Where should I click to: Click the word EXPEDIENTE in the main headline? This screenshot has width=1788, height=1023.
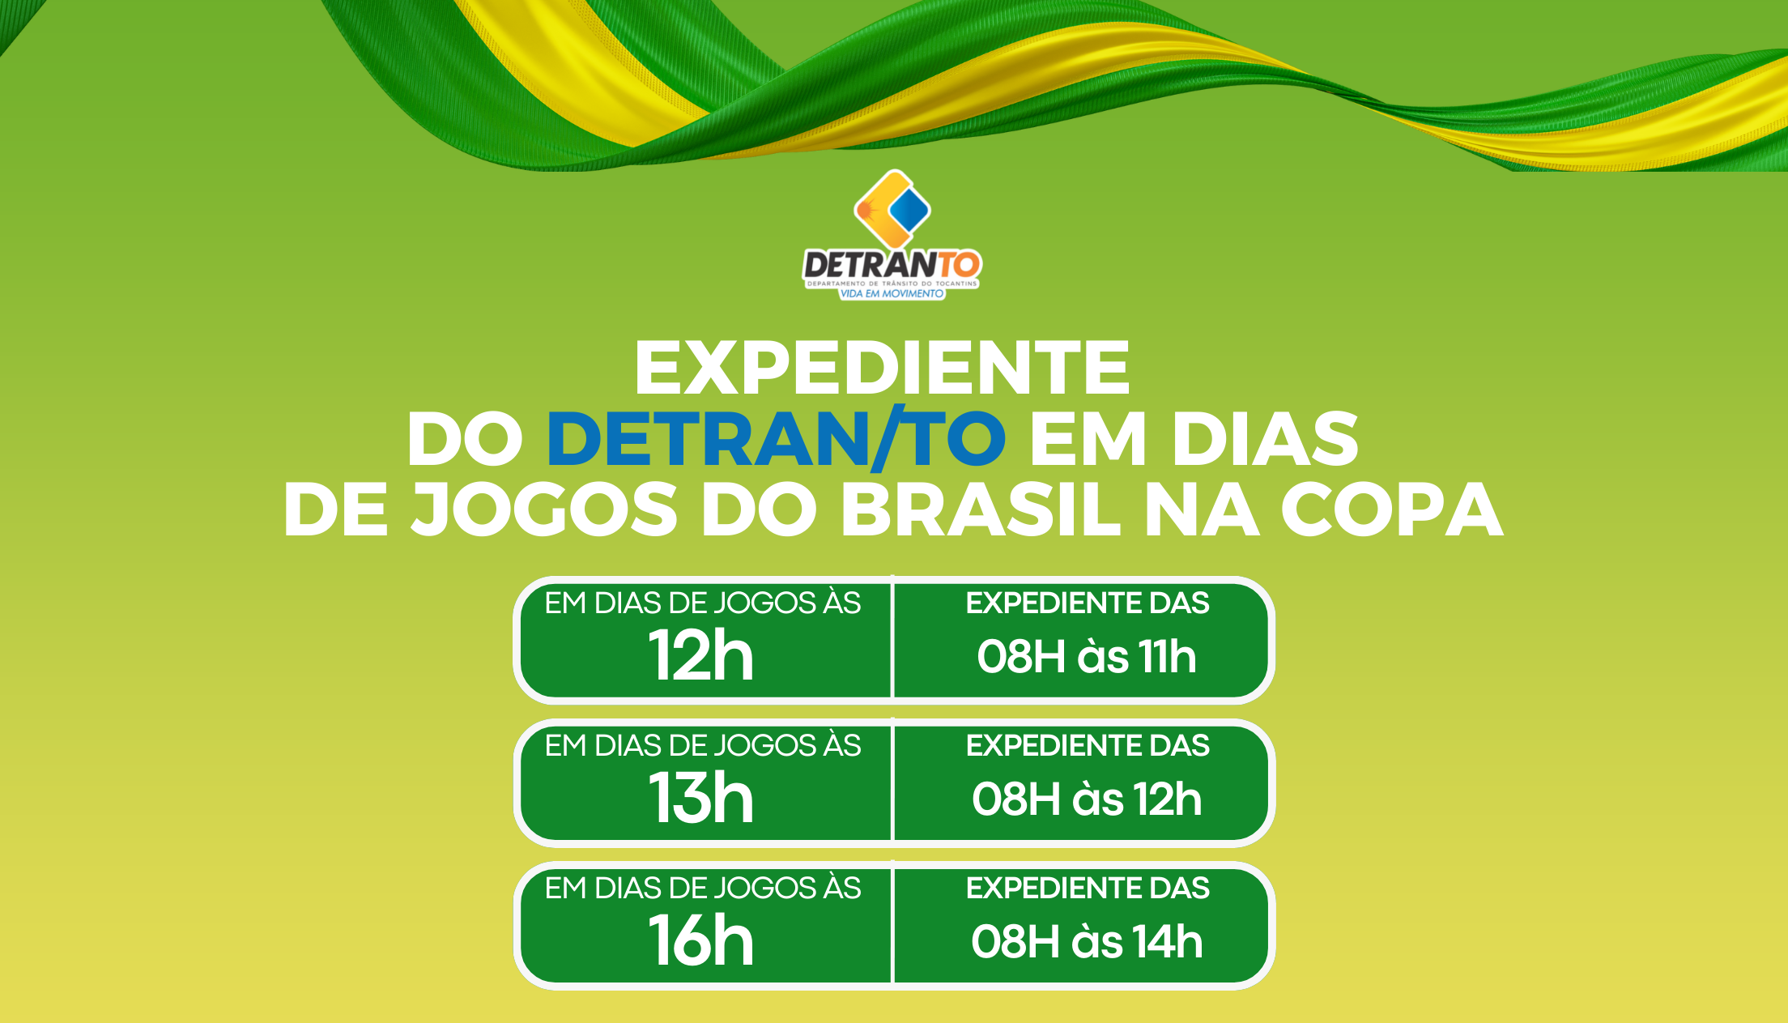tap(882, 368)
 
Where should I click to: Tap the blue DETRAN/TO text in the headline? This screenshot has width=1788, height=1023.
tap(777, 438)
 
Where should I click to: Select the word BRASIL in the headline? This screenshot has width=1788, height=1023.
tap(981, 509)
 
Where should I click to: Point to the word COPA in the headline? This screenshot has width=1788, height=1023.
tap(1392, 509)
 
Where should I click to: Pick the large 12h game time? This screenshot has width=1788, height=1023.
tap(701, 656)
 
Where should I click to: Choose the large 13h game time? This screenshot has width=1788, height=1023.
tap(701, 799)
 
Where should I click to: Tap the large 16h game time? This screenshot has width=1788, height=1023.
tap(701, 941)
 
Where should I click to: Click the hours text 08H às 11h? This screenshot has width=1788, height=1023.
tap(1087, 657)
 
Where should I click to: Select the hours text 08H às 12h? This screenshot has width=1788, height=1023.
tap(1087, 799)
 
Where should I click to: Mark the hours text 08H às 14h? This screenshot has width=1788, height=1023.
tap(1087, 942)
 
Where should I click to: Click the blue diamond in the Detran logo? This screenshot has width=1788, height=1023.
tap(909, 209)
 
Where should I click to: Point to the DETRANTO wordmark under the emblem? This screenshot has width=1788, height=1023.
tap(892, 265)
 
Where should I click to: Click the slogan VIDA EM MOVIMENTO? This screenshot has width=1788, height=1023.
tap(892, 294)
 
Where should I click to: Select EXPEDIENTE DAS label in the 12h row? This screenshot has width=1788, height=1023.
tap(1088, 603)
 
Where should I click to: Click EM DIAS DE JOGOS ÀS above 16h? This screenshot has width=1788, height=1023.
tap(702, 888)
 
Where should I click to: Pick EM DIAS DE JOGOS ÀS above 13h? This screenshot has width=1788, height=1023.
tap(702, 745)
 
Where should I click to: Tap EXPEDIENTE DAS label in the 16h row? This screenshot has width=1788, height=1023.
tap(1088, 889)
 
